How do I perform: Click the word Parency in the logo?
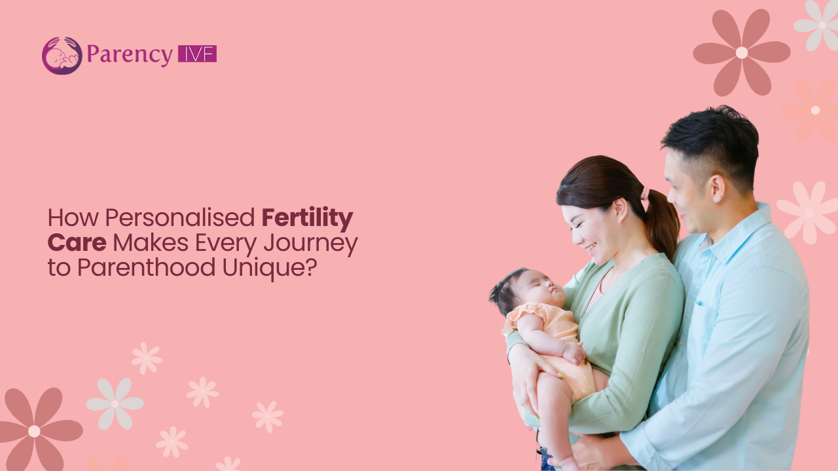(129, 55)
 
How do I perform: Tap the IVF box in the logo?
(197, 54)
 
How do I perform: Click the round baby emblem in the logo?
(62, 56)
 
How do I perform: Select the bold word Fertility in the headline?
(307, 217)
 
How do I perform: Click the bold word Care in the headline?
(77, 242)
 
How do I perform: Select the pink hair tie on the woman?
(644, 193)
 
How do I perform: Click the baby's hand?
(574, 354)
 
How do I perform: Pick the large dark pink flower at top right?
(741, 52)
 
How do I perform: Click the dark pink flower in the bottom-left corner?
(35, 430)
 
